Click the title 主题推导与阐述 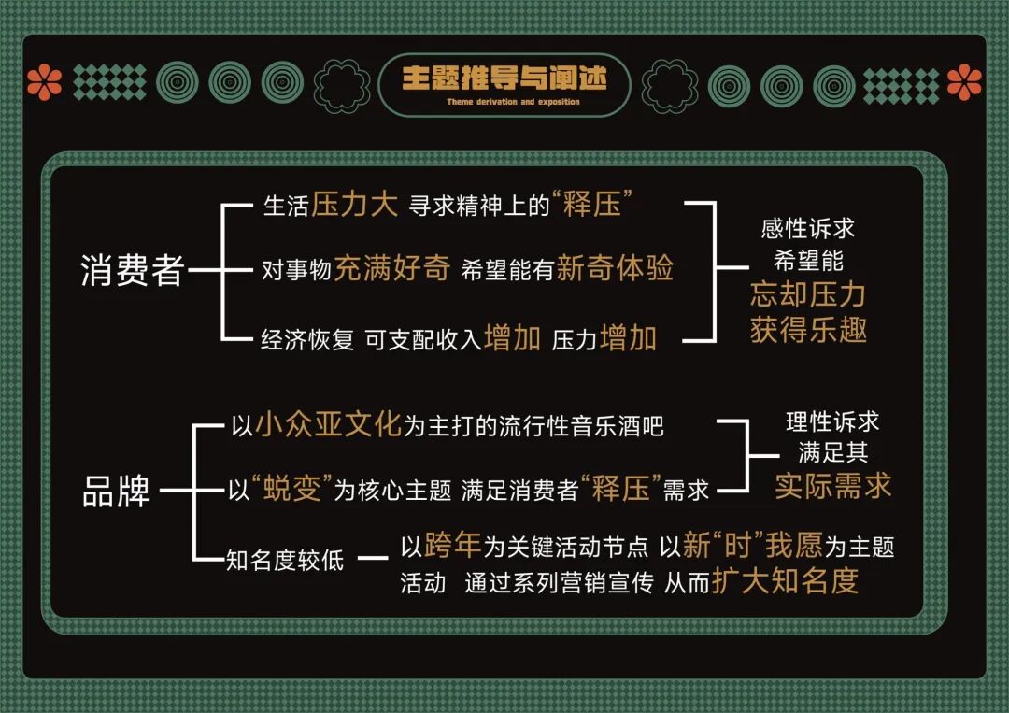[x=504, y=78]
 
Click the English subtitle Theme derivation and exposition [x=504, y=102]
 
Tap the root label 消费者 [x=132, y=270]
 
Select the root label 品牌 [x=116, y=491]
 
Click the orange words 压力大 [x=355, y=206]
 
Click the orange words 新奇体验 [x=615, y=269]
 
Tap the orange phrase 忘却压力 [x=808, y=295]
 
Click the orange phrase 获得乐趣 [x=808, y=329]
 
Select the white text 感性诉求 [x=808, y=227]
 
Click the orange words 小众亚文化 [x=327, y=425]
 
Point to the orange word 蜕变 [x=293, y=490]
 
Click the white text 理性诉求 [x=831, y=423]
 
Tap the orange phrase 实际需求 [x=832, y=486]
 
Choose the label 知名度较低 [x=286, y=560]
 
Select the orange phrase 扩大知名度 [x=785, y=581]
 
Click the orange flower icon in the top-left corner [x=44, y=83]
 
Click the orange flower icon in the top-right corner [x=964, y=83]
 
